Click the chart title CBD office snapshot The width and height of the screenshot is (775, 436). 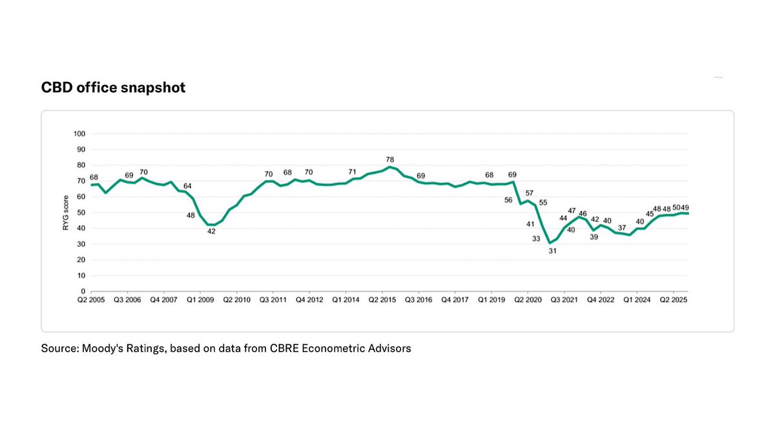coord(113,87)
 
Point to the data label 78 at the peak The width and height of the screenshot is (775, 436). coord(389,159)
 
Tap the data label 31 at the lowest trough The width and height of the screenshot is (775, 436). coord(552,251)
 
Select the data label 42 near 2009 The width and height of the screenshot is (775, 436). coord(211,231)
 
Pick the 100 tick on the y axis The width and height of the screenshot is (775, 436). coord(81,134)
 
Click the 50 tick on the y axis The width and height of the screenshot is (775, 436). coord(83,213)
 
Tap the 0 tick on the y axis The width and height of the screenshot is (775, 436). coord(85,291)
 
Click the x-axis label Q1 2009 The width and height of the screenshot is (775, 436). coord(201,300)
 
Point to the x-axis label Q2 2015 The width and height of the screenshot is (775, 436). coord(383,300)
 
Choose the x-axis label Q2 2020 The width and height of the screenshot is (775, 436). coord(528,300)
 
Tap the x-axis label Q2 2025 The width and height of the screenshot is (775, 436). coord(674,300)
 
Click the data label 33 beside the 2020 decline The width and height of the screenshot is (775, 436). coord(535,239)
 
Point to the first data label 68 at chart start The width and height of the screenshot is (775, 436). coord(94,177)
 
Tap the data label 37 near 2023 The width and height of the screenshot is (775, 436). coord(621,227)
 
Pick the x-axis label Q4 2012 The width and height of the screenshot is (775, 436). coord(311,300)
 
